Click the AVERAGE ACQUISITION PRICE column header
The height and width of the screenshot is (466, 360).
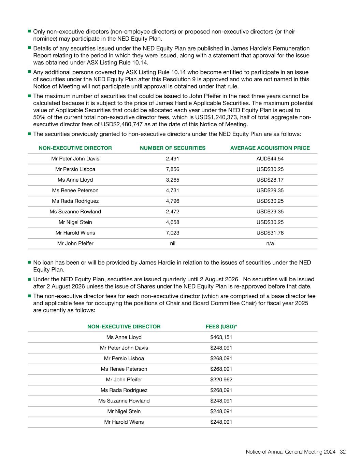[x=270, y=148]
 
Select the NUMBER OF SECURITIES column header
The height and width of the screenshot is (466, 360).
[x=173, y=148]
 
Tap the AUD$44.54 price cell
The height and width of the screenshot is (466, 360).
[x=270, y=159]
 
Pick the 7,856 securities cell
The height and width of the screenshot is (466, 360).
[x=172, y=169]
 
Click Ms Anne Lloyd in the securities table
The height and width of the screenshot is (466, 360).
[x=75, y=180]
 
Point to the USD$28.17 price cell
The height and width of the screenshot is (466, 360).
[x=270, y=180]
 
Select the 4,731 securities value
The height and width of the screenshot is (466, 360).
[x=172, y=190]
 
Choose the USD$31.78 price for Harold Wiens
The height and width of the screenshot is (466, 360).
[x=270, y=233]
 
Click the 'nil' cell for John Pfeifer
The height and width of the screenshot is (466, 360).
[x=172, y=243]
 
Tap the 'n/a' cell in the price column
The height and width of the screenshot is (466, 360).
[x=270, y=243]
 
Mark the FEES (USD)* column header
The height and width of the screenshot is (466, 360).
[x=221, y=327]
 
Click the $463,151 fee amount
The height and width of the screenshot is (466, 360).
[x=221, y=337]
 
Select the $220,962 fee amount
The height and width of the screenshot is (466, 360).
[x=221, y=380]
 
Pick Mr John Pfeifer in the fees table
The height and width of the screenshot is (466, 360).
[x=124, y=380]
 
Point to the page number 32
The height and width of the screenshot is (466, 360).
[x=343, y=452]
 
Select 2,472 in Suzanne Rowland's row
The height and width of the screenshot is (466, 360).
[x=172, y=212]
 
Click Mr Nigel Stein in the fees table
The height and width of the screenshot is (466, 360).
[x=124, y=411]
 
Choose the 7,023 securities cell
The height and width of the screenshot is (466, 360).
[x=172, y=233]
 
